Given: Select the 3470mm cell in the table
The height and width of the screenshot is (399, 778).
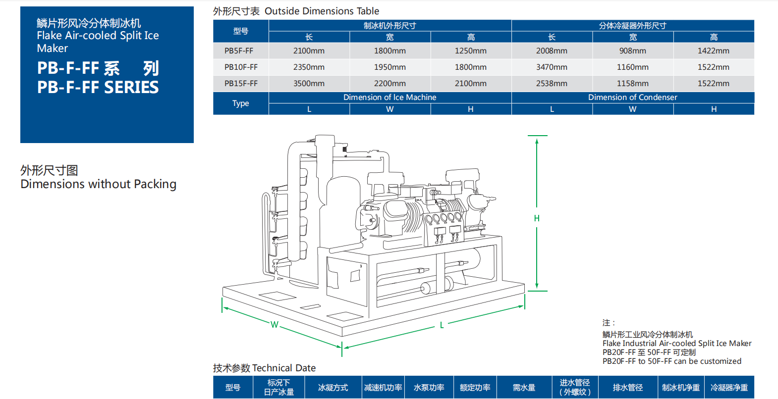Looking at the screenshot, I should pos(552,67).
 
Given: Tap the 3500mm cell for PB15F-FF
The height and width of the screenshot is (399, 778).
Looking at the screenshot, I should pos(309,83).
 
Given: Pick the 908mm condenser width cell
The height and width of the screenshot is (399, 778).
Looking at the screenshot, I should pos(632,50).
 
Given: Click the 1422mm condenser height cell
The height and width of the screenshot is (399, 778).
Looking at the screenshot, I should pos(713,50).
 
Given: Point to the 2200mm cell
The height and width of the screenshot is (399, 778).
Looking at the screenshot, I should pos(389,83).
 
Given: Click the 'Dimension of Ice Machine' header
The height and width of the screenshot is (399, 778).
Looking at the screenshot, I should pos(389,97).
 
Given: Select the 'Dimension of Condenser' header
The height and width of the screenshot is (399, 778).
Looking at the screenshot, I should pos(632,97).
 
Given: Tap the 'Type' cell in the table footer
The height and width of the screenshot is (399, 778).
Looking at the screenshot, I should pos(241,103).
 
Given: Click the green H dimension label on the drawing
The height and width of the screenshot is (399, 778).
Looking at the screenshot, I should pos(537,218).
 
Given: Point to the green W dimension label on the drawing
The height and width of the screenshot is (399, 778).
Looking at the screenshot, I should pos(274,325).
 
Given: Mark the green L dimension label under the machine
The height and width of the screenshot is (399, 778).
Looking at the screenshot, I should pos(442,325).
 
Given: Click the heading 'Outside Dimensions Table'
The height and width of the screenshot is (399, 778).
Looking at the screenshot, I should pos(322,11).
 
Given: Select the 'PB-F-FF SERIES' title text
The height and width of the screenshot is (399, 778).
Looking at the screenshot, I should pos(98,87).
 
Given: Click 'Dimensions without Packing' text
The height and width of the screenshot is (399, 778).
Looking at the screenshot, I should pos(98,184).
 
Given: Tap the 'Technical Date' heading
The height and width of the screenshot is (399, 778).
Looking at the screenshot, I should pos(283,368).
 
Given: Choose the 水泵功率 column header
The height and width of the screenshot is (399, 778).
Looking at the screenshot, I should pos(429,388).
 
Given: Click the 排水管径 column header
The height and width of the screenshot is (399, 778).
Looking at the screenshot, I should pos(627,388).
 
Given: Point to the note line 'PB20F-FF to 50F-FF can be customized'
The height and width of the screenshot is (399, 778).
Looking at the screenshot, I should pos(671,361).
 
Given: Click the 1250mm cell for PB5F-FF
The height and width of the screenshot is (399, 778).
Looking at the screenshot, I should pos(470,50).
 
